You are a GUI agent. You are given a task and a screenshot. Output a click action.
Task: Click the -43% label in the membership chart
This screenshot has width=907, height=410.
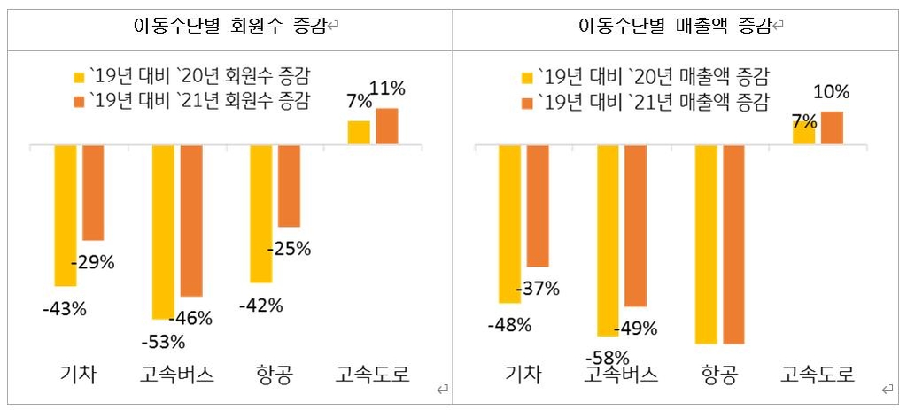(x=65, y=309)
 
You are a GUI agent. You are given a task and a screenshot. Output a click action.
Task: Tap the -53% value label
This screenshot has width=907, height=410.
(x=163, y=342)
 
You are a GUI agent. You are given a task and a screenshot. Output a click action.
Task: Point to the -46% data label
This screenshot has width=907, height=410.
(x=191, y=318)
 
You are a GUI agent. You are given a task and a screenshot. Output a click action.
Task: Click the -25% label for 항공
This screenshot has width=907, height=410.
(x=289, y=249)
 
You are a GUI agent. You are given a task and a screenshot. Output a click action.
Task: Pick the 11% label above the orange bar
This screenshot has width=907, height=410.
(x=388, y=89)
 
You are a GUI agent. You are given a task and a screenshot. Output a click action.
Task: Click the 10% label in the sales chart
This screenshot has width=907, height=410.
(x=832, y=92)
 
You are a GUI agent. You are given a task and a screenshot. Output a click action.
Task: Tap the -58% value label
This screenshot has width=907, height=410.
(x=608, y=358)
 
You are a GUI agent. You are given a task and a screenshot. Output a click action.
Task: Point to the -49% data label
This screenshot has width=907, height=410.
(x=636, y=329)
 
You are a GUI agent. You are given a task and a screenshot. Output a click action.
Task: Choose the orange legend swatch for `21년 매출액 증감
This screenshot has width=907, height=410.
(x=529, y=102)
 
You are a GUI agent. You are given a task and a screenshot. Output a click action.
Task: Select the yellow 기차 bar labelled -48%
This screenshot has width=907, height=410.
(x=509, y=223)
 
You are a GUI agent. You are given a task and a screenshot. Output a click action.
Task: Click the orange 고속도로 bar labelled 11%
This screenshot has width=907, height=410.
(x=387, y=126)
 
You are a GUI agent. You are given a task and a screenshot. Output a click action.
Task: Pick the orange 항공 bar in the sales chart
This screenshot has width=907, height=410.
(x=734, y=244)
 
